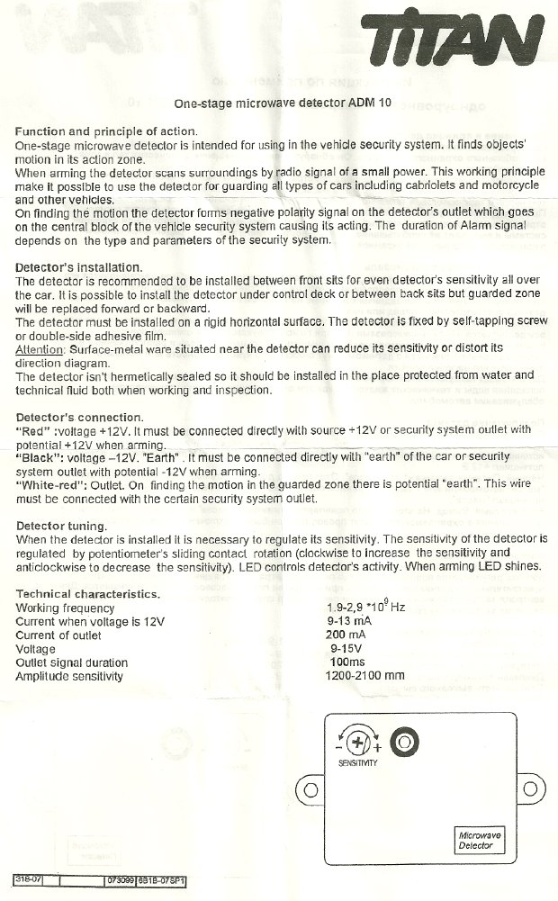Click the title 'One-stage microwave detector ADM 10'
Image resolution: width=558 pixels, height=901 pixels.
coord(282,104)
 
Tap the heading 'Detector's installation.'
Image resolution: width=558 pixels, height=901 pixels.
coord(79,268)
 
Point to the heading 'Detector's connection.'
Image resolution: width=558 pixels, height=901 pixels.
coord(78,417)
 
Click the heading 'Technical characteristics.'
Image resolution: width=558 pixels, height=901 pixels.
coord(88,594)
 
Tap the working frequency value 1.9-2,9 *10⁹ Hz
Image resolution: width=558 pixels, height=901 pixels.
coord(365,608)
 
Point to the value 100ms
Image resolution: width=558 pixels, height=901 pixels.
coord(347,662)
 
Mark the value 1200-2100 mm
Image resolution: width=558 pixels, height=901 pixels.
coord(365,675)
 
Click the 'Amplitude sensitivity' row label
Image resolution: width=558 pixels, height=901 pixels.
coord(69,676)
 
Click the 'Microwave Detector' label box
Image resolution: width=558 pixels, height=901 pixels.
coord(480,841)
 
